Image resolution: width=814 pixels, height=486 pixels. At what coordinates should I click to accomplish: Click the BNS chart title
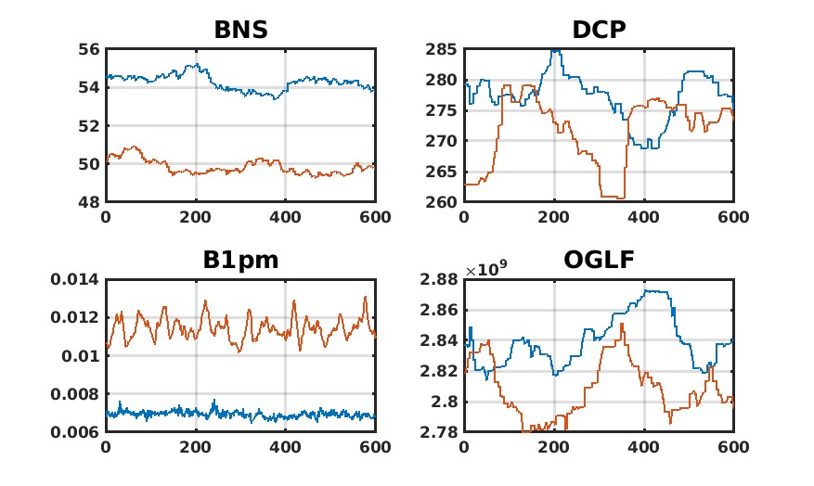(x=240, y=30)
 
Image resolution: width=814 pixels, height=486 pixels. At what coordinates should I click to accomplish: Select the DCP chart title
(x=598, y=30)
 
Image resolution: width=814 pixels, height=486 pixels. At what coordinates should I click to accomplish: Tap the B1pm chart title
(x=240, y=261)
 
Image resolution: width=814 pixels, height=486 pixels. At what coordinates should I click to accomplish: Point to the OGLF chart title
(x=598, y=261)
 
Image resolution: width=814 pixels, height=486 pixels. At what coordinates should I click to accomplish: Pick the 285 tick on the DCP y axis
(x=442, y=49)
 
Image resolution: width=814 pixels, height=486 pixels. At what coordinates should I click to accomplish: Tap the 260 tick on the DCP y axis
(x=442, y=202)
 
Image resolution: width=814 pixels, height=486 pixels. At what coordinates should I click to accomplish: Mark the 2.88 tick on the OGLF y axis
(x=440, y=280)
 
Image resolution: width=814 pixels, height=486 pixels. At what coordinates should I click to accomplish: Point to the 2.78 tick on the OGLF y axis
(x=440, y=433)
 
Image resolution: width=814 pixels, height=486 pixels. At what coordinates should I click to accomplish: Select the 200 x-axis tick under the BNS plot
(x=195, y=216)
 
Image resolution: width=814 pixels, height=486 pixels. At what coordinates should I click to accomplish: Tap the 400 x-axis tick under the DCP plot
(x=643, y=216)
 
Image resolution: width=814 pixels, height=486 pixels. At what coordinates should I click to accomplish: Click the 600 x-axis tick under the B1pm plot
(x=375, y=446)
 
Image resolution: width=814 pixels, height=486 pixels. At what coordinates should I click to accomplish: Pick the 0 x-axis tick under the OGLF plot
(x=464, y=446)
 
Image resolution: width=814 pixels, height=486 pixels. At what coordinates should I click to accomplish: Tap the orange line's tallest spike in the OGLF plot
(x=621, y=324)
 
